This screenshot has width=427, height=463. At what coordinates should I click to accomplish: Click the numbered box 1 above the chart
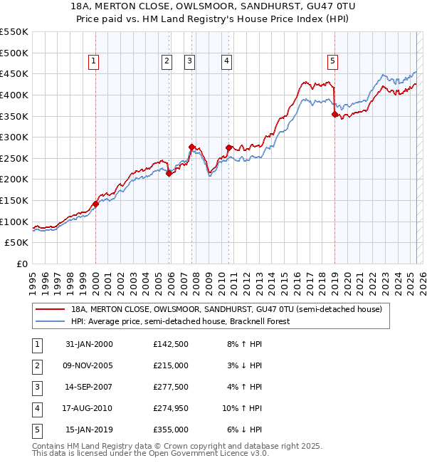pos(95,62)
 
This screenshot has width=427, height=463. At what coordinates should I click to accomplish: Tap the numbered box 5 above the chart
pos(333,62)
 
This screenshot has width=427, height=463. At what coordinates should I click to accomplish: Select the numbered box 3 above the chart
pos(190,62)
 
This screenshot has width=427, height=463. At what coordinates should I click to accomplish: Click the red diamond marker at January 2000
pos(95,203)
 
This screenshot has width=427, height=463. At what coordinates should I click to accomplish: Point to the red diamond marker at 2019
pos(334,113)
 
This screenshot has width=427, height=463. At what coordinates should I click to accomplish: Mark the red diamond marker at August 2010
pos(228,147)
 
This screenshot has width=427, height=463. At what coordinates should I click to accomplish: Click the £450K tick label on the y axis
pos(14,74)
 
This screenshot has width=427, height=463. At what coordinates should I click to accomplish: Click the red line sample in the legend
pos(49,309)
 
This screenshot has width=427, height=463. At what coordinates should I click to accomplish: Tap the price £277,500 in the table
pos(171,387)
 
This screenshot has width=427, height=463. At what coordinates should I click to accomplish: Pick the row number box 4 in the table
pos(35,408)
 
